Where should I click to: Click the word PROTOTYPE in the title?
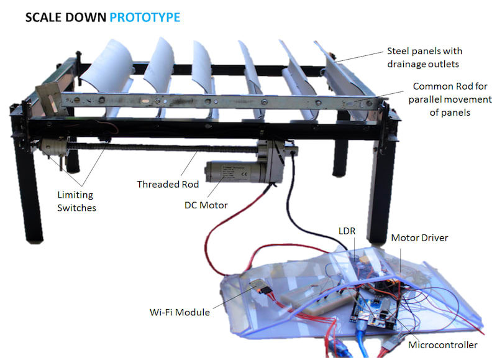pos(145,17)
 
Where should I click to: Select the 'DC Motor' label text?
pos(206,205)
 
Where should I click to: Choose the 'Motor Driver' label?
pos(419,238)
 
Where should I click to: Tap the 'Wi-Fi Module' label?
pos(180,312)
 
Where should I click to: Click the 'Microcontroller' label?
pos(442,344)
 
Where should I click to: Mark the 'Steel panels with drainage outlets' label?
pos(424,57)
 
